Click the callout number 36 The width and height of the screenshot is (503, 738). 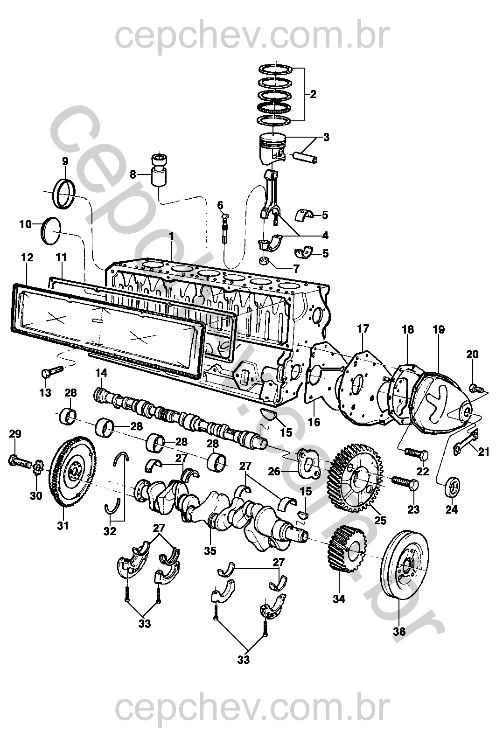click(x=399, y=632)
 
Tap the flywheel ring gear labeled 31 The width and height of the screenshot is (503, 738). click(x=70, y=472)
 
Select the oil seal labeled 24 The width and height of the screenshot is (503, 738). click(x=453, y=486)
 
